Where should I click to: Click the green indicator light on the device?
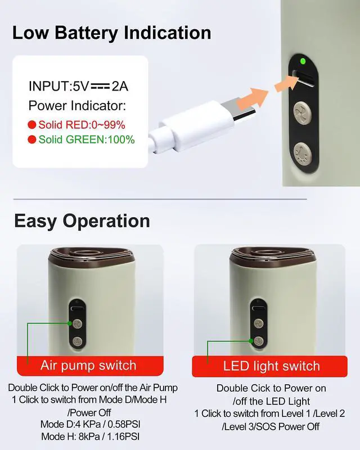click(x=302, y=61)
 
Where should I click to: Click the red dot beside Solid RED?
click(x=32, y=125)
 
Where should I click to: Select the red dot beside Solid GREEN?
click(x=32, y=139)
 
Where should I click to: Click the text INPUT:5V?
click(x=59, y=86)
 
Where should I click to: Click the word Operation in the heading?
click(x=106, y=221)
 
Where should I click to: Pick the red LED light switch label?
click(x=269, y=366)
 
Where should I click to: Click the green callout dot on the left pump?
click(x=70, y=323)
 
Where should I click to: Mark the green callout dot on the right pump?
click(x=251, y=341)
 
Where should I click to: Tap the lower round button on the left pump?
click(x=77, y=341)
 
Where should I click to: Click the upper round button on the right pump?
click(x=259, y=324)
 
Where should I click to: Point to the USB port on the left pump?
click(x=77, y=309)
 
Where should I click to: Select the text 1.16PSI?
click(x=123, y=436)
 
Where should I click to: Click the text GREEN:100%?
click(x=101, y=139)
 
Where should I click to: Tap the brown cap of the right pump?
click(x=273, y=255)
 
